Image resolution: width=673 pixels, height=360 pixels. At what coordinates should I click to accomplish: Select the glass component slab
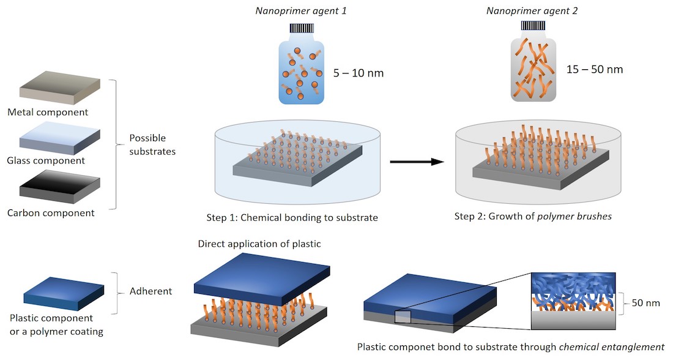[x=59, y=139]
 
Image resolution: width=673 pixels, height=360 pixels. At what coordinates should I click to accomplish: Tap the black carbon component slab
[x=59, y=190]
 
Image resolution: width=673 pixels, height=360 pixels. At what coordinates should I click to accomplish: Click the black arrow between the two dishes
[x=417, y=162]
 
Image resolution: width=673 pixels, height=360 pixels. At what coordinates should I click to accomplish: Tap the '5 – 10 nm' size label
[x=359, y=73]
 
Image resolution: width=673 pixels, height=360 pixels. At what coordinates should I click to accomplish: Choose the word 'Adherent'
[x=151, y=291]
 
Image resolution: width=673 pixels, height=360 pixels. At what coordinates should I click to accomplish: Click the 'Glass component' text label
[x=46, y=161]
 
